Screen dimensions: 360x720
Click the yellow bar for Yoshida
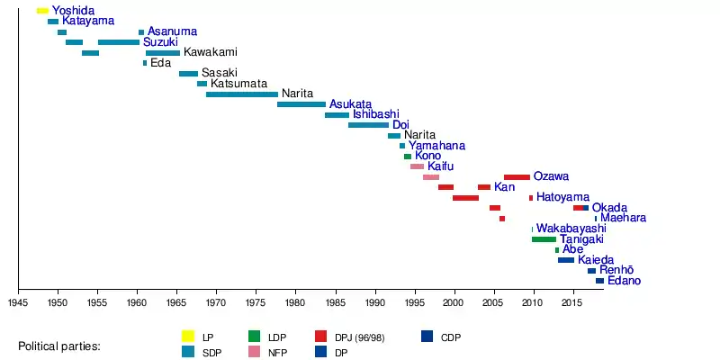tap(42, 11)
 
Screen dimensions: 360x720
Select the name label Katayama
tap(88, 21)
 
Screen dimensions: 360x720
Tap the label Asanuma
tap(172, 31)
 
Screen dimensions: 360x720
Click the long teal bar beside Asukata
tap(301, 104)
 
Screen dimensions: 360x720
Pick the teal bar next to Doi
tap(368, 125)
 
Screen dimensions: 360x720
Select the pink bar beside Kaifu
tap(417, 166)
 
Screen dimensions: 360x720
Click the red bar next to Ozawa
tap(517, 177)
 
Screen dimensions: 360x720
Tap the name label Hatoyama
tap(562, 197)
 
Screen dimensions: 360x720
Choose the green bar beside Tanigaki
tap(544, 239)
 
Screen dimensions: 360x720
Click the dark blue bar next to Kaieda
tap(566, 260)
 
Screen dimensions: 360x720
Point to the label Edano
tap(624, 281)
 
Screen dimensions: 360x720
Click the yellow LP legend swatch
tap(188, 337)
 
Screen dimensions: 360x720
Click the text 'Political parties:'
tap(59, 346)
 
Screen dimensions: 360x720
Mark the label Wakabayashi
tap(571, 229)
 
